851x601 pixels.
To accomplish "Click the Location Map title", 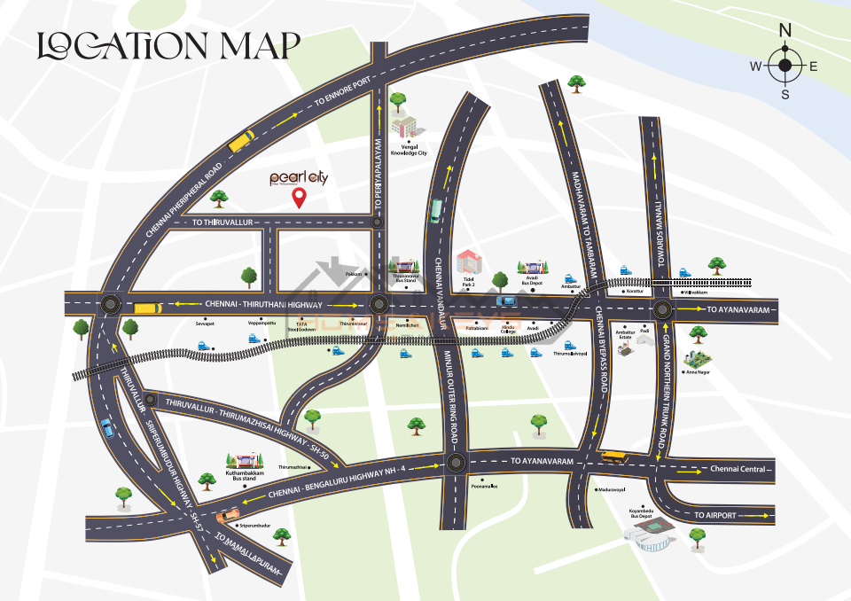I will pyautogui.click(x=168, y=46).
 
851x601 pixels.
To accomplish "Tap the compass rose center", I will pyautogui.click(x=785, y=66).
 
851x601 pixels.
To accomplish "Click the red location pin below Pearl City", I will pyautogui.click(x=300, y=198).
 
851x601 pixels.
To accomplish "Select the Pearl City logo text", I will pyautogui.click(x=300, y=178).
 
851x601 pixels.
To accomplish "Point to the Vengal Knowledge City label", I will pyautogui.click(x=409, y=150).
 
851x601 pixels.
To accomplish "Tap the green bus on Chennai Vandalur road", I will pyautogui.click(x=435, y=211).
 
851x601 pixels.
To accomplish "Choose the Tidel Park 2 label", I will pyautogui.click(x=469, y=282).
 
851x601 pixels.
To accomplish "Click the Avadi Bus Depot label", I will pyautogui.click(x=535, y=282).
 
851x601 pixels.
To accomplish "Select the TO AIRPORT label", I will pyautogui.click(x=716, y=515).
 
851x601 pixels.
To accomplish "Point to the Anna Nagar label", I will pyautogui.click(x=698, y=372).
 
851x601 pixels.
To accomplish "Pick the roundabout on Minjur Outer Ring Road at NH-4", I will pyautogui.click(x=456, y=462).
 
